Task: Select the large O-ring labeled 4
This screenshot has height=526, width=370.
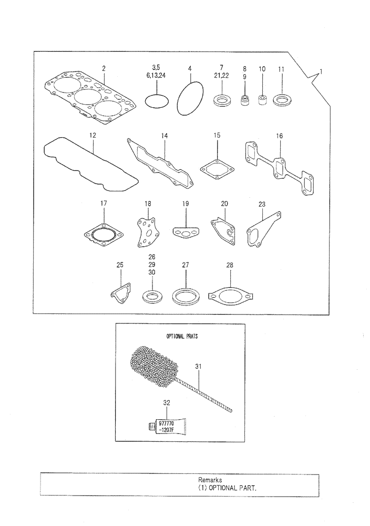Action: pyautogui.click(x=190, y=98)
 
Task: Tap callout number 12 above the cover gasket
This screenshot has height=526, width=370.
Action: pyautogui.click(x=92, y=136)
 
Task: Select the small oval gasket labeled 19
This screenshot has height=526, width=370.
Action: pyautogui.click(x=186, y=231)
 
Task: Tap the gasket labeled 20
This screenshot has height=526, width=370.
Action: pyautogui.click(x=223, y=231)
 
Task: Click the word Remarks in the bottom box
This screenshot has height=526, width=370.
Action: pyautogui.click(x=210, y=480)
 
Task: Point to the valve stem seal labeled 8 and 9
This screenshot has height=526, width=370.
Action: pyautogui.click(x=244, y=99)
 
